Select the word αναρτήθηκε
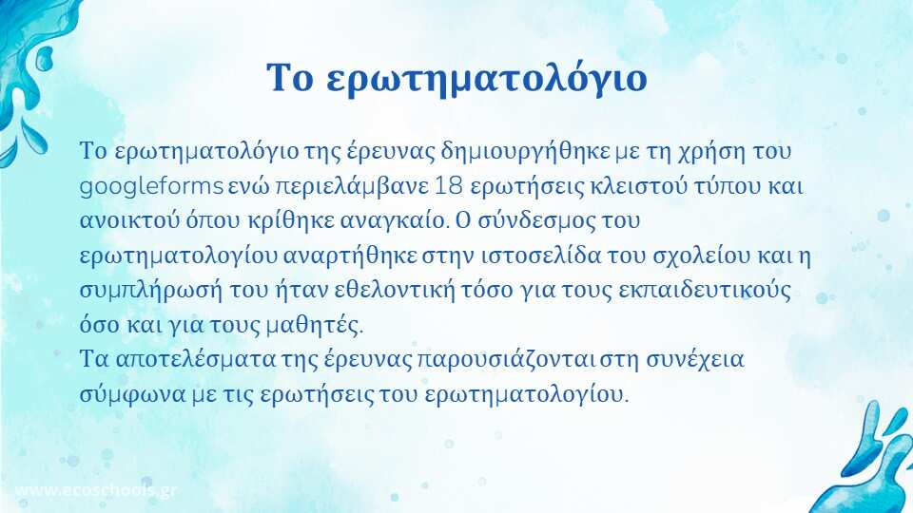(350, 256)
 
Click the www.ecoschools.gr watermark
(95, 490)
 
